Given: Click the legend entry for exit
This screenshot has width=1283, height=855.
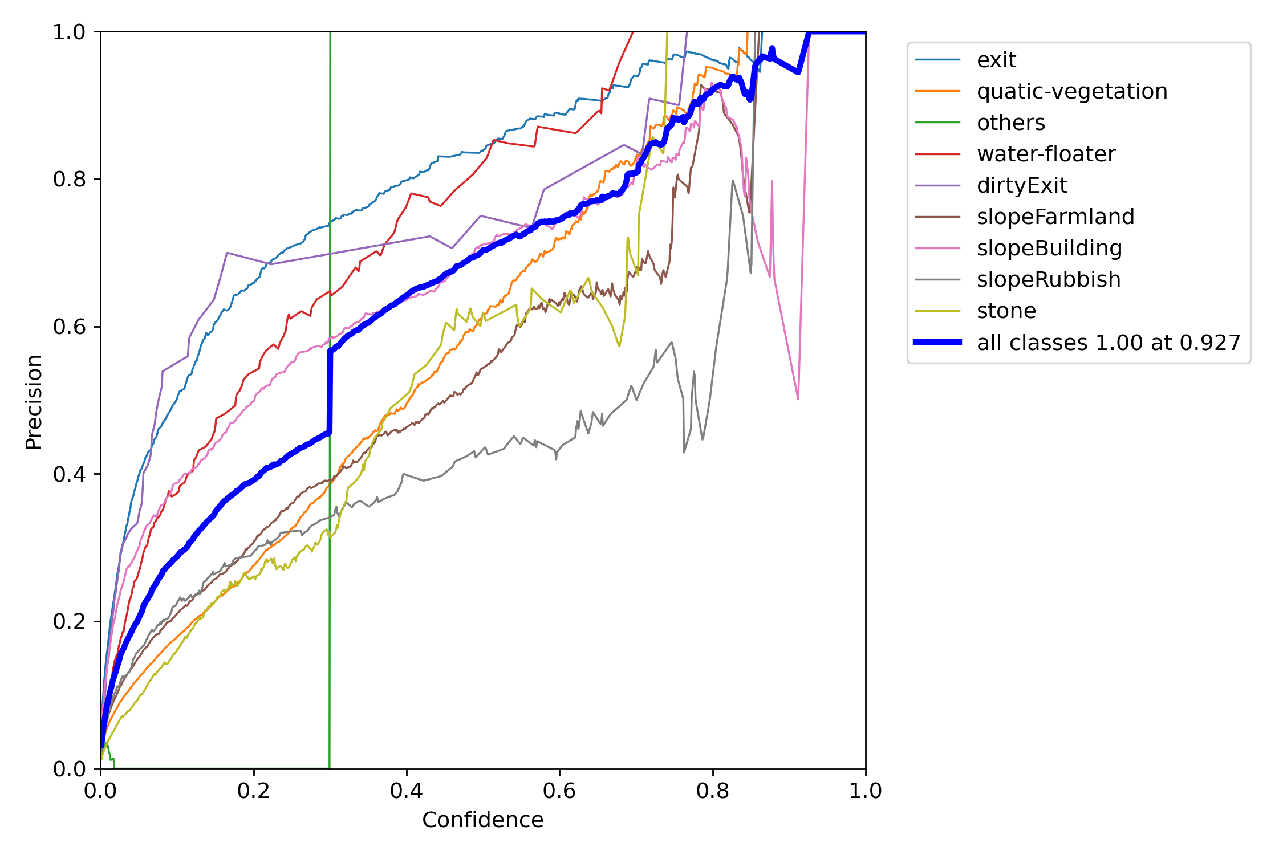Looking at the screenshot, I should (996, 60).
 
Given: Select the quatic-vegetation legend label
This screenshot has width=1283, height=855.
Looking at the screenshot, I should (1071, 91).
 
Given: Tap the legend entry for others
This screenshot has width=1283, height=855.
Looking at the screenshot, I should (1010, 123).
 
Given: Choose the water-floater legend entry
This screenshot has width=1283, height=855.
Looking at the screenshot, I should (1046, 154).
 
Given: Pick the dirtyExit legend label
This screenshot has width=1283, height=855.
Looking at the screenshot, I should (1022, 185).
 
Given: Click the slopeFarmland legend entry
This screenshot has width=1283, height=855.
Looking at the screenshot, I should (1055, 217).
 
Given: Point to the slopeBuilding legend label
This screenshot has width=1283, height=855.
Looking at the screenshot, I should (1049, 248).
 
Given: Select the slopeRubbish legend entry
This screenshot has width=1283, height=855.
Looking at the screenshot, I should (1048, 279).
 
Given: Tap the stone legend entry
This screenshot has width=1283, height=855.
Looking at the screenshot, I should (1006, 311).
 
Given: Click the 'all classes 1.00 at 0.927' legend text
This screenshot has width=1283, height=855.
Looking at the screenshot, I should (1109, 343).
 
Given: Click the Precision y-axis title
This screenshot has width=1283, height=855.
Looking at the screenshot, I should (34, 402).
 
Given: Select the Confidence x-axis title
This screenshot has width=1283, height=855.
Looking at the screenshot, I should (482, 820).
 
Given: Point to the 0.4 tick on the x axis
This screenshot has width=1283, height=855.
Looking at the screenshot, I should (407, 791).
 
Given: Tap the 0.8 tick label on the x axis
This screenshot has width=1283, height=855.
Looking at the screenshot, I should (712, 791).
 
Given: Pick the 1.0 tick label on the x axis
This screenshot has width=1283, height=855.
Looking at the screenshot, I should (865, 791).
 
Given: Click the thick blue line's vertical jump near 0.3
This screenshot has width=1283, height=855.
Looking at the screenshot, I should (330, 393).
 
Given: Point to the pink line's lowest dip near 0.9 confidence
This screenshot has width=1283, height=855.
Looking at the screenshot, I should (798, 398).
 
